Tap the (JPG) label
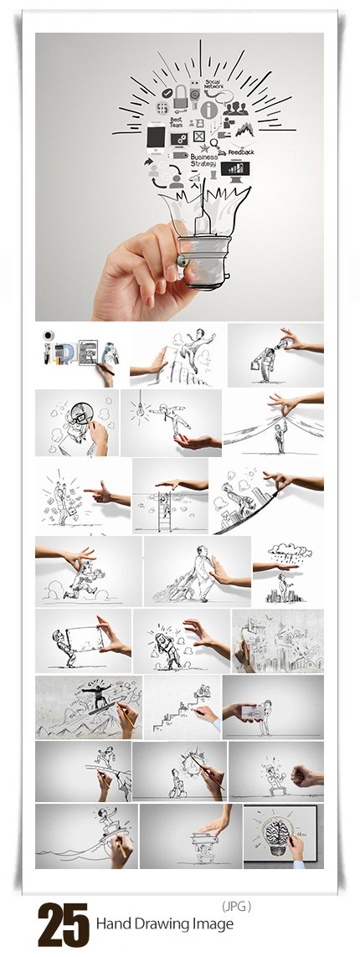pyautogui.click(x=236, y=905)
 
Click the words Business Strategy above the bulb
pyautogui.click(x=203, y=159)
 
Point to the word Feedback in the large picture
pyautogui.click(x=241, y=152)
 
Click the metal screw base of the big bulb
pyautogui.click(x=200, y=266)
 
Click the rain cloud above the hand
pyautogui.click(x=284, y=551)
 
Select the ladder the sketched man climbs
pyautogui.click(x=165, y=511)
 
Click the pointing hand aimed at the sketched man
pyautogui.click(x=104, y=494)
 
